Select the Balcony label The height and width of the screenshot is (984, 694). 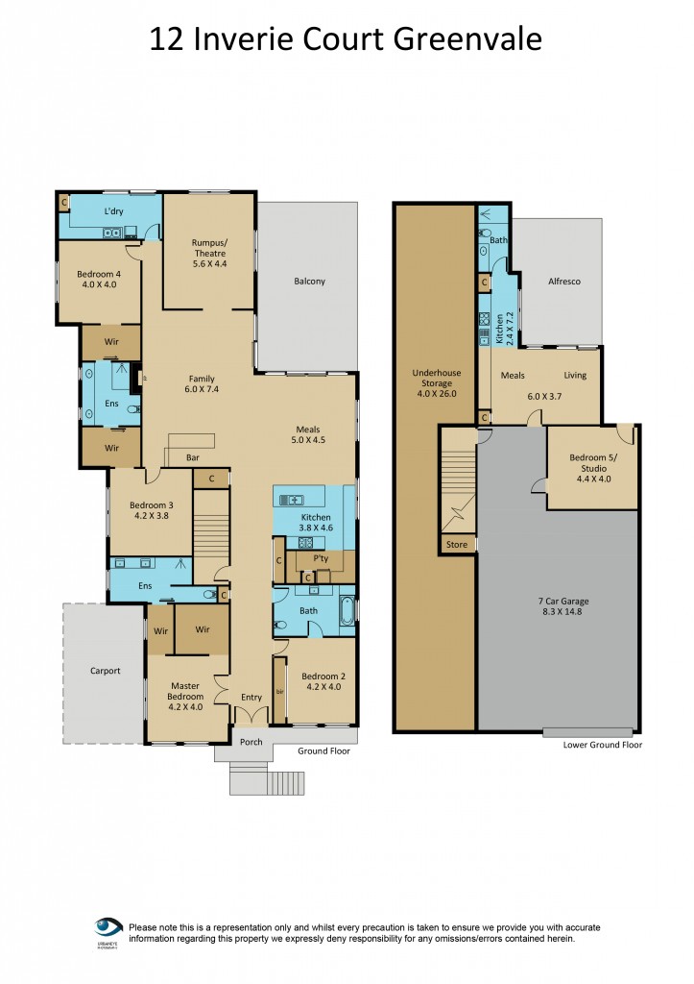coord(309,282)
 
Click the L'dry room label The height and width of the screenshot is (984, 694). coord(114,210)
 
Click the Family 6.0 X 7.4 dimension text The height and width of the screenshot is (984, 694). coord(202,390)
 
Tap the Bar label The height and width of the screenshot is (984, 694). coord(192,457)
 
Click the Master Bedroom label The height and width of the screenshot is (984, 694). coord(185,690)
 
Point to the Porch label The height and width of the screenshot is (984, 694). coord(251,742)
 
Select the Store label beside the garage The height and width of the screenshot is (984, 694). coord(457,545)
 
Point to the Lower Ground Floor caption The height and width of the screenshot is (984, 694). coord(603,745)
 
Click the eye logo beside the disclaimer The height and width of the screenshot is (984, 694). coord(108,927)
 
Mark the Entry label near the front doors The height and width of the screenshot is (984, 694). coord(251,698)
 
